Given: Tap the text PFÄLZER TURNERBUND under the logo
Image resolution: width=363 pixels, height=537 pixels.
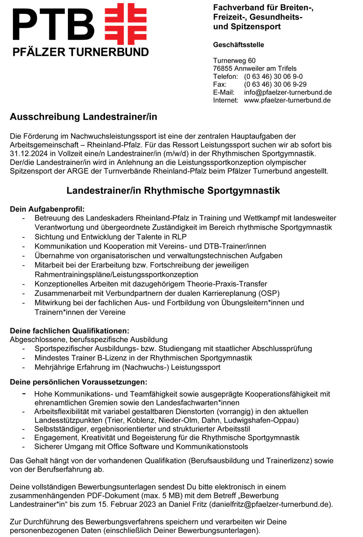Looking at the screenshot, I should point(80,52).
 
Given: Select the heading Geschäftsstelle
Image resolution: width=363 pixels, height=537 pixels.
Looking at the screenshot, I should point(238,45).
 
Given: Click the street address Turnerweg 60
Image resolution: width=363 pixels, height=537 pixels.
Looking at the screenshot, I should point(237,61).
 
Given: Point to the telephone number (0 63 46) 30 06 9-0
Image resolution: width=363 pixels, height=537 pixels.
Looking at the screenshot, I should point(273,76).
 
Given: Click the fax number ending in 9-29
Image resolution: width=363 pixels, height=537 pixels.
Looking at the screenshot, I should point(275,84).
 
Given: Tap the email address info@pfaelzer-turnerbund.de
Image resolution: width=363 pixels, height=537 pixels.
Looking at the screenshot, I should point(288,92).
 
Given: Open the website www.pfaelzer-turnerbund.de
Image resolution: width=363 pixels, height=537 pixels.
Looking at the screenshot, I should point(287,100).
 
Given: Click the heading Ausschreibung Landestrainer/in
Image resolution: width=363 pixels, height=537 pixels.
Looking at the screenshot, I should point(83,117).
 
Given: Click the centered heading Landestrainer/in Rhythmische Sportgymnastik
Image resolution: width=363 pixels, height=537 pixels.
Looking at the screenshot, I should point(173,191).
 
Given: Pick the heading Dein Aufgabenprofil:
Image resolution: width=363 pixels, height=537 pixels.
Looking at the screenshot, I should point(47,209).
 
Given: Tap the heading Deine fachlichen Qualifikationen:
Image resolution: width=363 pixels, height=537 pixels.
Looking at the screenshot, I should point(70,331).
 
